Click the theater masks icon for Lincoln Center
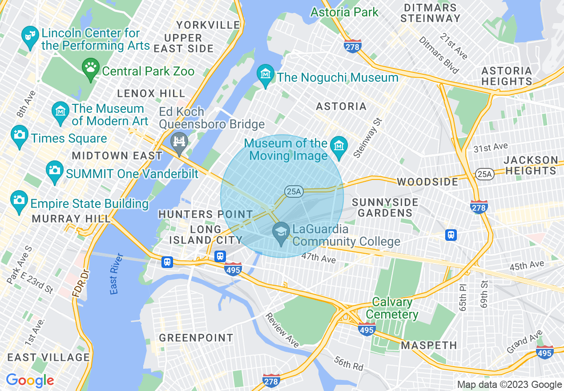pyautogui.click(x=30, y=34)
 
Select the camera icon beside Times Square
pyautogui.click(x=20, y=135)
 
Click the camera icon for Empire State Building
pyautogui.click(x=19, y=200)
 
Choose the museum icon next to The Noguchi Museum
pyautogui.click(x=266, y=74)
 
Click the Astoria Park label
pyautogui.click(x=344, y=12)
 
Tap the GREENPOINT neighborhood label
pyautogui.click(x=196, y=338)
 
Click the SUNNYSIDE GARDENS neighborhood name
pyautogui.click(x=385, y=207)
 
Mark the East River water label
pyautogui.click(x=116, y=274)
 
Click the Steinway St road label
pyautogui.click(x=367, y=138)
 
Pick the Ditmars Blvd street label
pyautogui.click(x=432, y=55)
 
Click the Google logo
pyautogui.click(x=30, y=380)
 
